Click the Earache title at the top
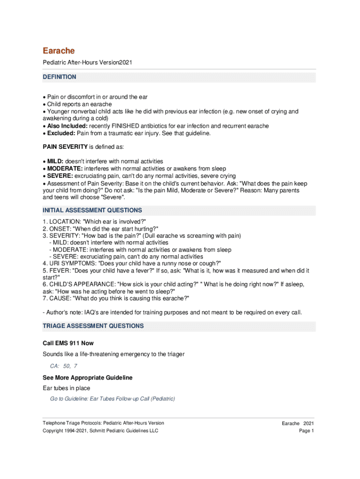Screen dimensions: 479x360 click(58, 51)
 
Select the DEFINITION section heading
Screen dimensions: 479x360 click(59, 77)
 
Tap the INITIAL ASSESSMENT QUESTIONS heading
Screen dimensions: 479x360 click(92, 210)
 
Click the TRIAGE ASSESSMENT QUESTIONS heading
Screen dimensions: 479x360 click(93, 326)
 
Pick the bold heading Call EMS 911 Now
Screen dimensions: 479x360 click(68, 343)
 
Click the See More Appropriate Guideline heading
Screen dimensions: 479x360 click(87, 377)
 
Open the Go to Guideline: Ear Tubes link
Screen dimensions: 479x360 click(112, 399)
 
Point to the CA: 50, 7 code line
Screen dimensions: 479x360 click(64, 366)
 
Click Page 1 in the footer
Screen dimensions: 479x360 click(306, 431)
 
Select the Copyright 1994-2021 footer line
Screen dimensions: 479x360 click(101, 431)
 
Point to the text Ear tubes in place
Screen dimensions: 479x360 click(66, 388)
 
